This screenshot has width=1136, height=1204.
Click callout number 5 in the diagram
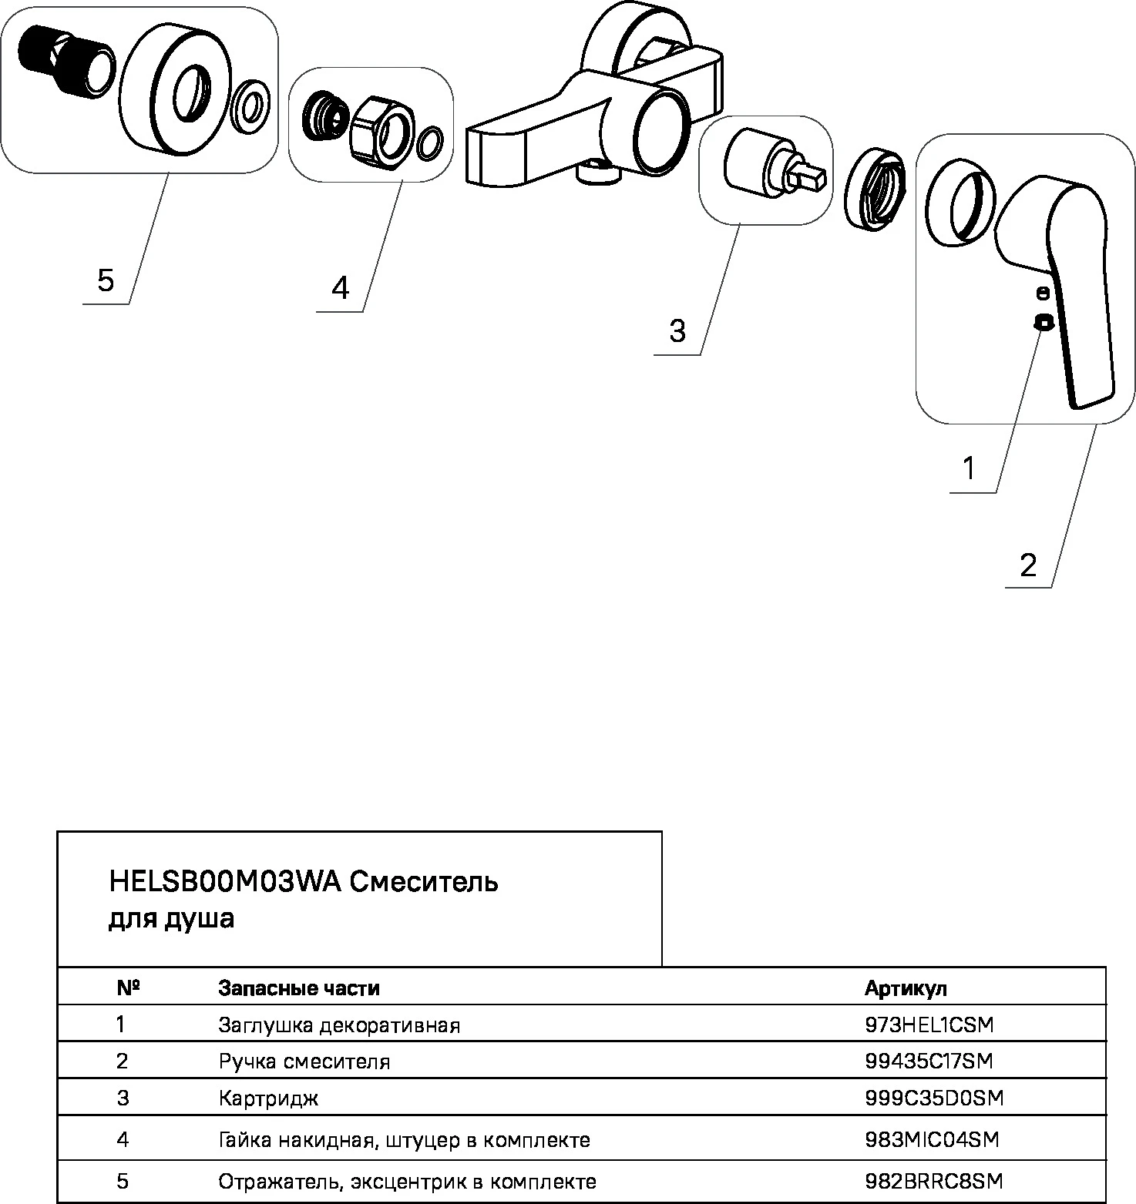click(x=106, y=280)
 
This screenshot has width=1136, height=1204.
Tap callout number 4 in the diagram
click(x=340, y=287)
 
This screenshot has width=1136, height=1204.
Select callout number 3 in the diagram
click(x=677, y=331)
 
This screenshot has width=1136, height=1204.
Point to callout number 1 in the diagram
click(x=970, y=468)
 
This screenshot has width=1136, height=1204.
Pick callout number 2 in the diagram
click(x=1028, y=565)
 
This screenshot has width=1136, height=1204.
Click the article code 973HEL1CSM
click(x=929, y=1025)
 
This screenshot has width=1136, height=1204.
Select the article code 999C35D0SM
click(x=934, y=1098)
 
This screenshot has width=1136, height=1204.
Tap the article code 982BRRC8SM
click(x=933, y=1181)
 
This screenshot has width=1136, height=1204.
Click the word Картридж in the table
click(x=268, y=1098)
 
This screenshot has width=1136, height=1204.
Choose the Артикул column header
click(x=906, y=988)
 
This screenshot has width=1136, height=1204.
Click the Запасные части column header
click(x=299, y=988)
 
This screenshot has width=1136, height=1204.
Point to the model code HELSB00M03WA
click(x=225, y=882)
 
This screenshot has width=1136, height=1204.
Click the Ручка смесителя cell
click(x=304, y=1061)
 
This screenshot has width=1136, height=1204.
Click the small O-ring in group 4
click(x=430, y=144)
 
